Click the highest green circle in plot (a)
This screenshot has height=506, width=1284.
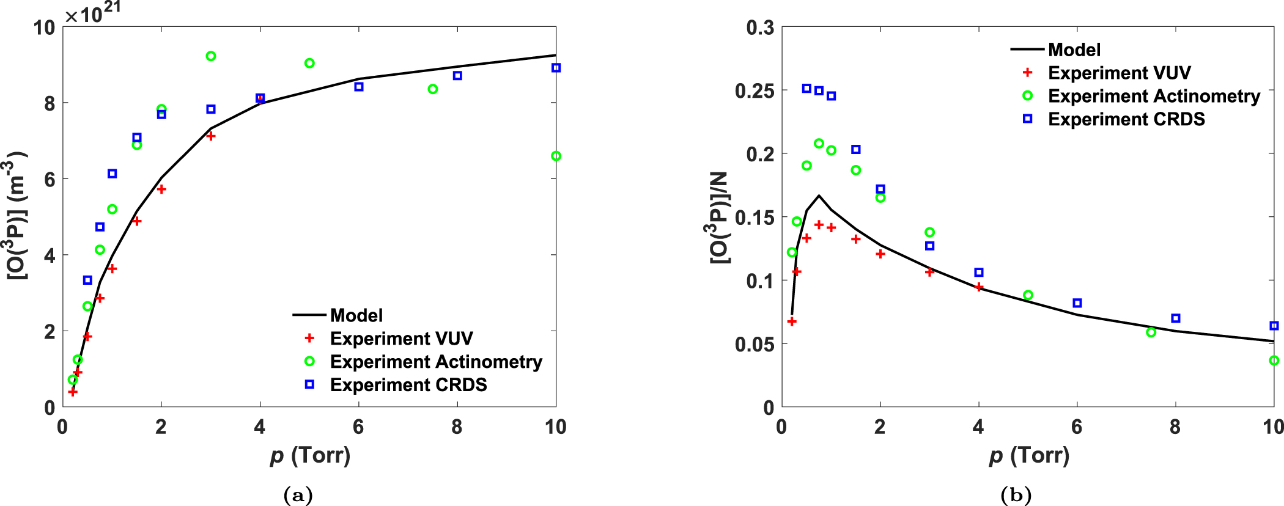pos(211,56)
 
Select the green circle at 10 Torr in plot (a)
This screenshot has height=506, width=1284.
pos(556,156)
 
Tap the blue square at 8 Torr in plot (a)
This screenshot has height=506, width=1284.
pos(457,76)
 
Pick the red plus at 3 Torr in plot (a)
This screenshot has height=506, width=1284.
pos(211,136)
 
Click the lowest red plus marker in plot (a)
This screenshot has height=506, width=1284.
pos(73,392)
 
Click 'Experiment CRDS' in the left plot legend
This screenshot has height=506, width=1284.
pos(408,385)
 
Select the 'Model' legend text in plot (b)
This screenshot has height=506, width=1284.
pos(1074,50)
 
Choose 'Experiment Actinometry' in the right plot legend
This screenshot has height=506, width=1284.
pos(1154,97)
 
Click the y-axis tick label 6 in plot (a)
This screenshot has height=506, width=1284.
pos(50,180)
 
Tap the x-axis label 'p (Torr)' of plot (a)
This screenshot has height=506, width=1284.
pos(310,456)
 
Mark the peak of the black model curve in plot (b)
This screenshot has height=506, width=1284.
pos(819,196)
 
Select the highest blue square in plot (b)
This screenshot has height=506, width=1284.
pos(806,89)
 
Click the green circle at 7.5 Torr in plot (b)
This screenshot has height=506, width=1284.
pos(1151,332)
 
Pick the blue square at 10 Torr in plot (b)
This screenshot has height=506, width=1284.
pos(1274,326)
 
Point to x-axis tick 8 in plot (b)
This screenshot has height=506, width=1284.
pos(1175,427)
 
